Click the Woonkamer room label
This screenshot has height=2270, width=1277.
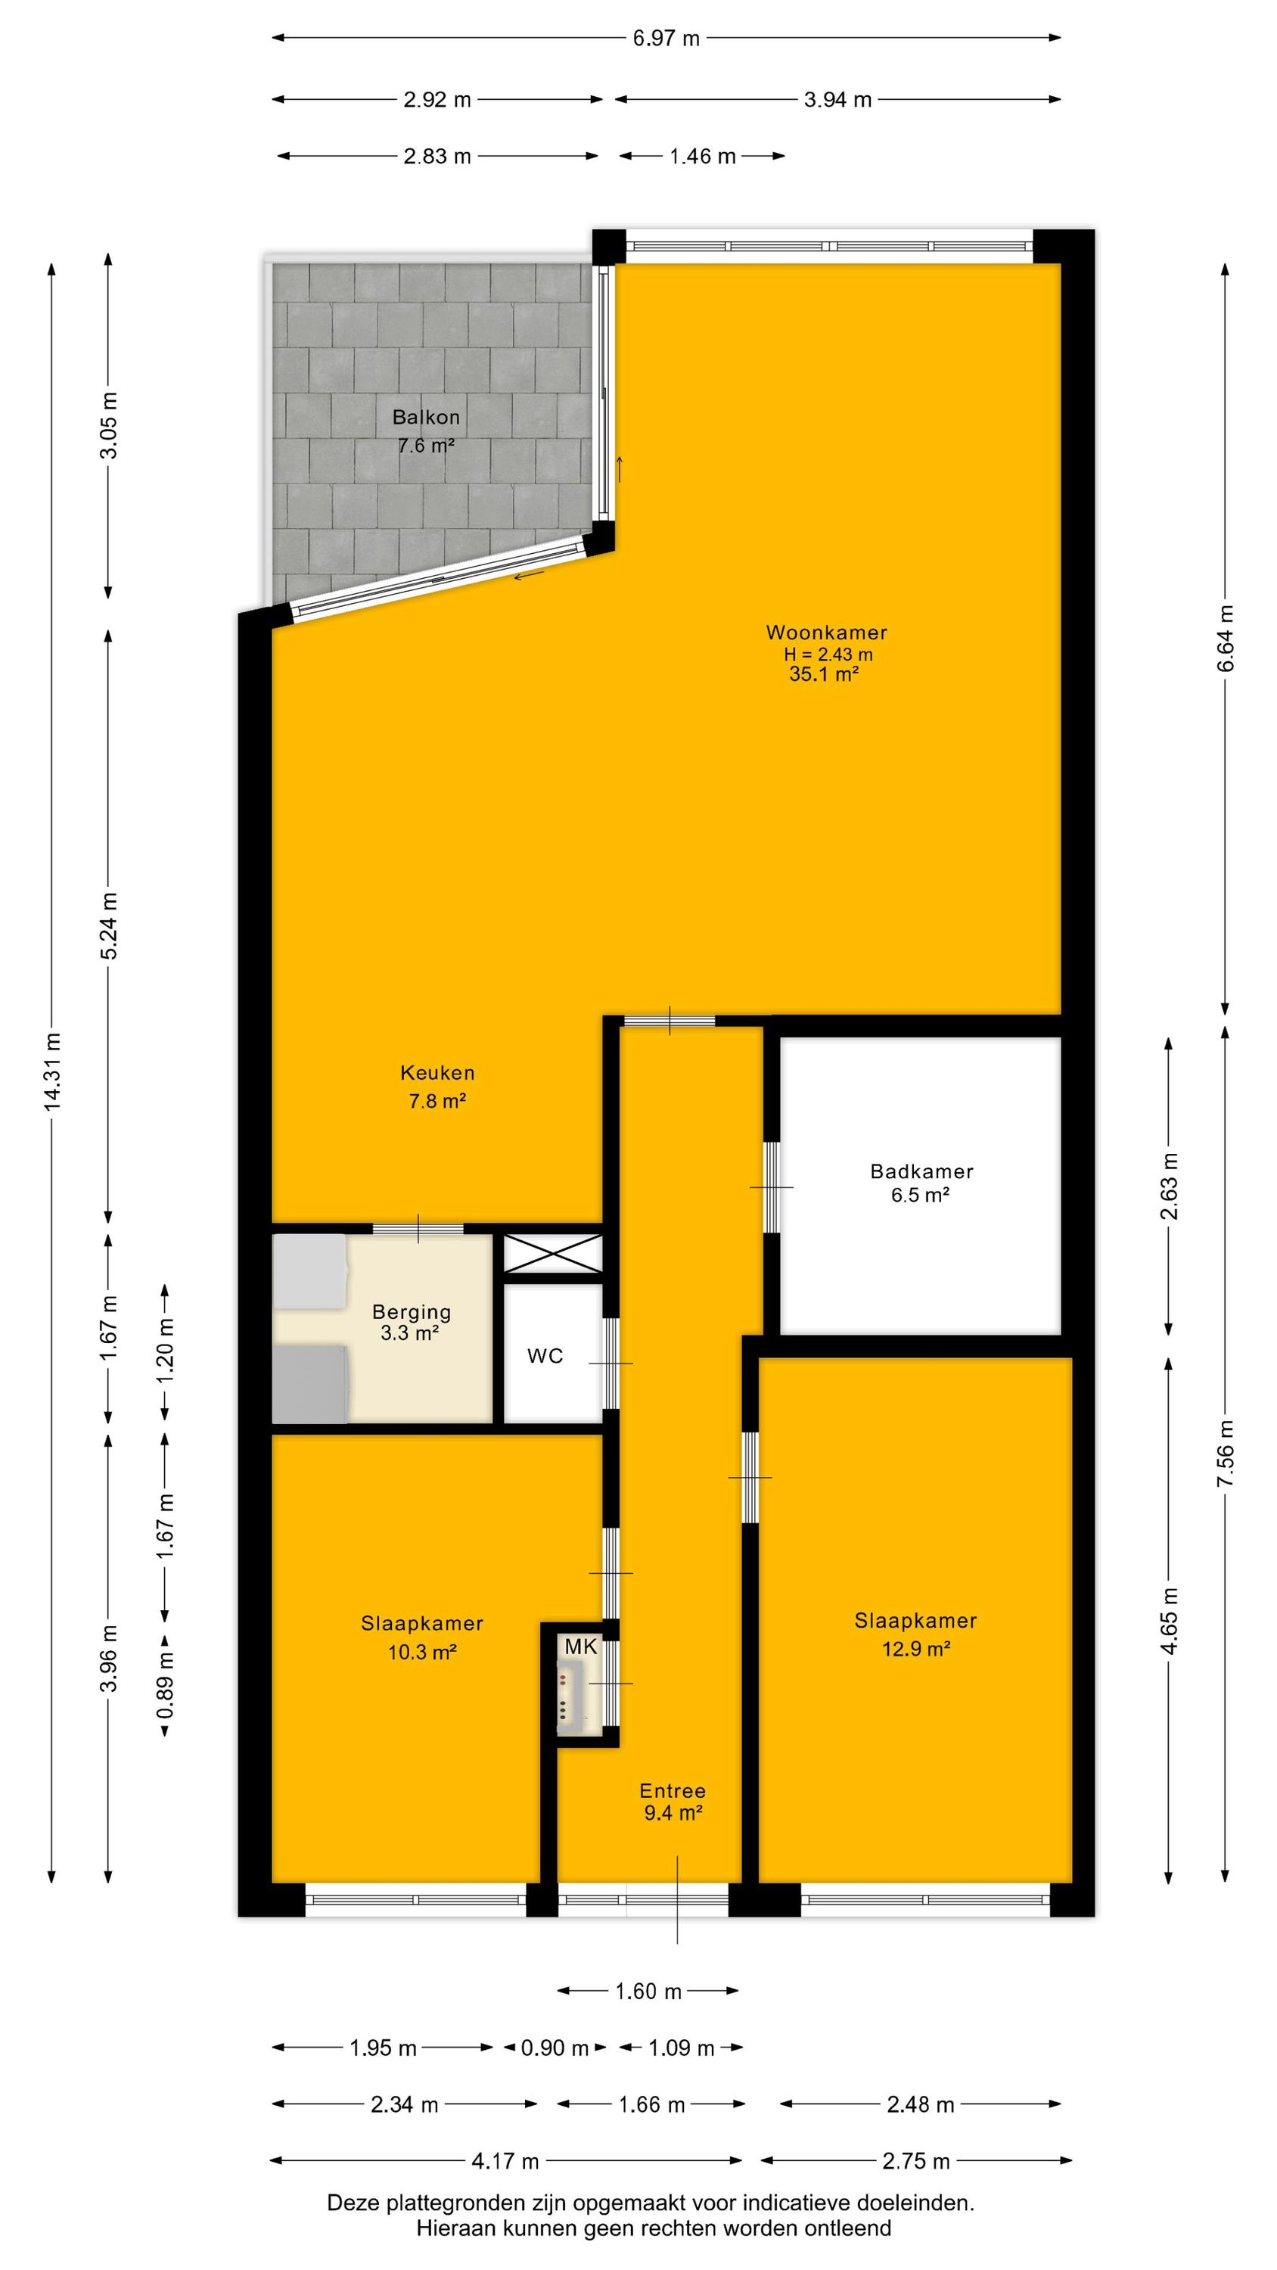826,632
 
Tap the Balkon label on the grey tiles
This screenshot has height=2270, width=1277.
426,417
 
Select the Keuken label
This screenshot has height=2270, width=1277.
437,1072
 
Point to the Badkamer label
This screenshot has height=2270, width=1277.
921,1171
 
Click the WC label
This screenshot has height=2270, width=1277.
545,1356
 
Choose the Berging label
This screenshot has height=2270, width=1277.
411,1312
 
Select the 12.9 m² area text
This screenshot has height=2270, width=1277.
915,1649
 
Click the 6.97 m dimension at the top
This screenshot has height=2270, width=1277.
666,38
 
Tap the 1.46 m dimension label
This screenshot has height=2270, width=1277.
702,156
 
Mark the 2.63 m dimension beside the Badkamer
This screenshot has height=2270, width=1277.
1170,1186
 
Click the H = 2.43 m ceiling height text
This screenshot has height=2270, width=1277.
828,654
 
